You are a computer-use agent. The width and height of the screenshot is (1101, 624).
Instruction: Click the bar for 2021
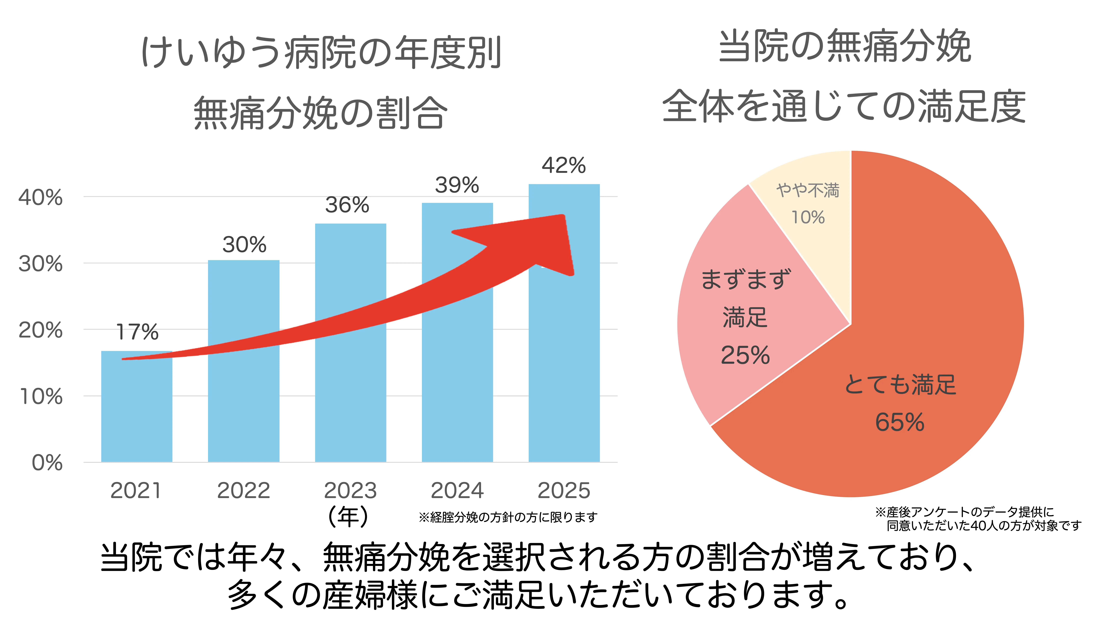click(x=136, y=411)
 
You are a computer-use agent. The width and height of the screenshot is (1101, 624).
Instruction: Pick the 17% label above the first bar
click(x=137, y=332)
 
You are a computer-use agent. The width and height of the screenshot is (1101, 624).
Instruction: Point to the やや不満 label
click(x=808, y=190)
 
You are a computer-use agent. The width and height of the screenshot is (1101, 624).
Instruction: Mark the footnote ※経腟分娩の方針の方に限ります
click(x=508, y=517)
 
